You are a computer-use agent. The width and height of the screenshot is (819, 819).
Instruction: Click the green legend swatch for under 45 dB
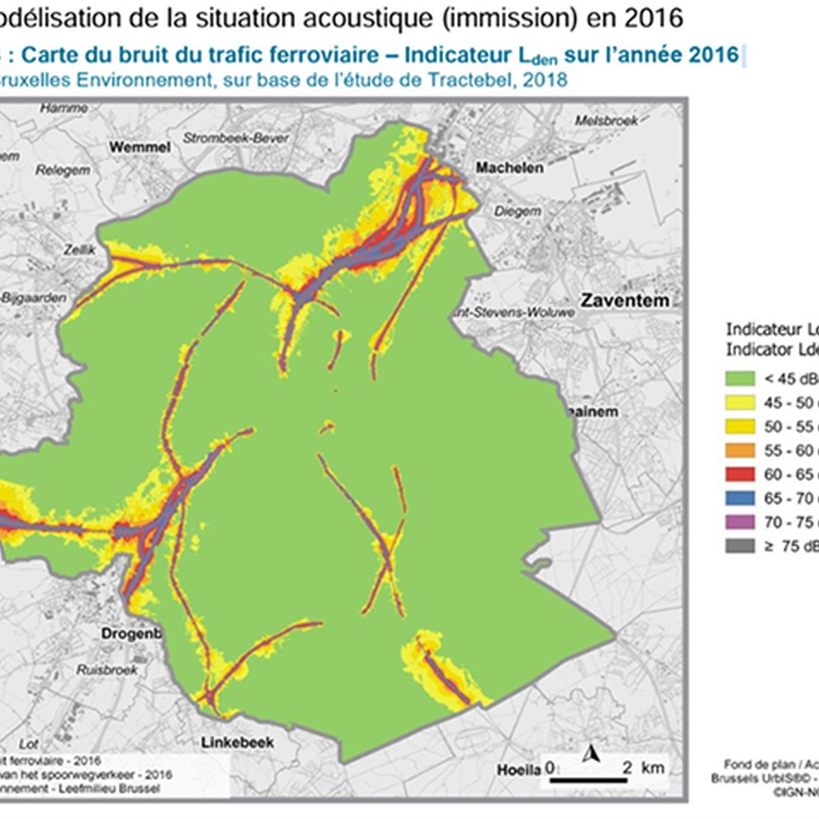[x=741, y=378]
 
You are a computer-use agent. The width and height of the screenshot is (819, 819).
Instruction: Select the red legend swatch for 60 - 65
[x=741, y=474]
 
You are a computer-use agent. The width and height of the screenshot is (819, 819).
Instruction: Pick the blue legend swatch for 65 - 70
[x=741, y=498]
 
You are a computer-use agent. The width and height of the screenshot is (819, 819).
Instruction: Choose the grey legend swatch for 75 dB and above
[x=741, y=546]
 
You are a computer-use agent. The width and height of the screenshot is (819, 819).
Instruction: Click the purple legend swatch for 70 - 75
[x=741, y=522]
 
